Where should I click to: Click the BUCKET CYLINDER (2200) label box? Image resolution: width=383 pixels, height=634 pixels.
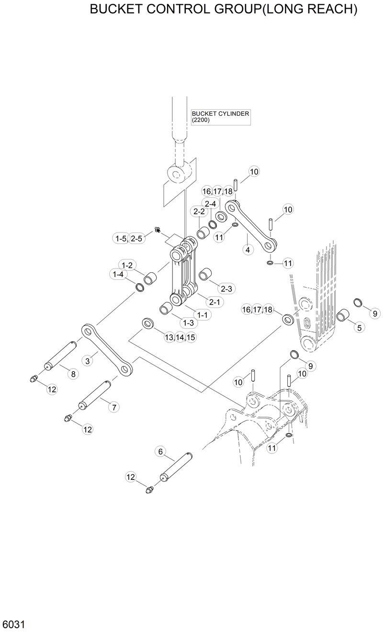tap(220, 117)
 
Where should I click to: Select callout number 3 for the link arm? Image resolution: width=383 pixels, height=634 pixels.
tap(88, 361)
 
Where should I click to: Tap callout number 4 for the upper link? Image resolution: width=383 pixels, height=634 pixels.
tap(247, 249)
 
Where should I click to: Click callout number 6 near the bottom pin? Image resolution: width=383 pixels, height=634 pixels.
tap(160, 451)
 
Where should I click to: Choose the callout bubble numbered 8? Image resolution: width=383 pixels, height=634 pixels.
tap(73, 374)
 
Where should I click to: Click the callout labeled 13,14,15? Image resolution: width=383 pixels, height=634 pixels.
tap(180, 337)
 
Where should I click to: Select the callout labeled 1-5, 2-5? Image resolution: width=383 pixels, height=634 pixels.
tap(128, 238)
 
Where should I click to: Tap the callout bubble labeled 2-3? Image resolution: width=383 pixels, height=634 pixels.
tap(226, 289)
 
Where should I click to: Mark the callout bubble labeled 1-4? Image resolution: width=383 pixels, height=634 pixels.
tap(118, 274)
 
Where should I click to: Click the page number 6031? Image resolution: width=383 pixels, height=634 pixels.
tap(13, 624)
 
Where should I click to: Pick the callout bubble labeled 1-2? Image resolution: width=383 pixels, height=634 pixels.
tap(127, 265)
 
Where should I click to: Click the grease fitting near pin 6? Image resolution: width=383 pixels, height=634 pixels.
tap(149, 489)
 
